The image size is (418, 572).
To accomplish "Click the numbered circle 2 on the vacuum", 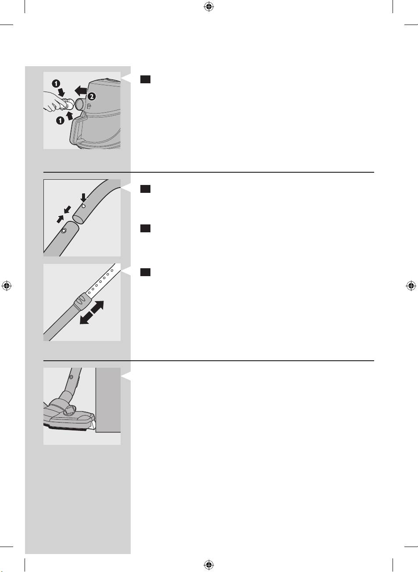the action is click(92, 96).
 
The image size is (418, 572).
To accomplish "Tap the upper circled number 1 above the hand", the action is click(56, 84).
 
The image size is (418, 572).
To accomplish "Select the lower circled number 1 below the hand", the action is click(60, 120).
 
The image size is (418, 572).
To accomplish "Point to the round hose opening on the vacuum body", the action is click(80, 104).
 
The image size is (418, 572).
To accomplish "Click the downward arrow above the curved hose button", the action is click(83, 197).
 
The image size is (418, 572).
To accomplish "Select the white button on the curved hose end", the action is click(83, 206).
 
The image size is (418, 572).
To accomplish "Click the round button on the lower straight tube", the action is click(64, 231).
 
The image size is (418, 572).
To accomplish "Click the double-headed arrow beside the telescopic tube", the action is click(92, 313).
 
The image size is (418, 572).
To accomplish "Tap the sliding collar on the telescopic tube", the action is click(82, 301).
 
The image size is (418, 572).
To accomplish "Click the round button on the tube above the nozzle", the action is click(71, 377).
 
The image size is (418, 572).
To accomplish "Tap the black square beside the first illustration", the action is click(145, 79).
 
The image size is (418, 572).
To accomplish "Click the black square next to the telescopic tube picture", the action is click(145, 272).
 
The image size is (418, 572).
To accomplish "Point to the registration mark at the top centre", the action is click(209, 7).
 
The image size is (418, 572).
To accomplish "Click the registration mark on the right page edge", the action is click(411, 286).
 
